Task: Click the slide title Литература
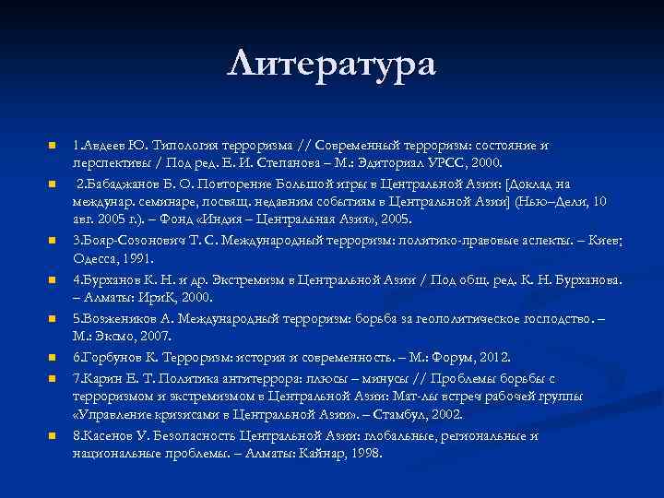coord(332,64)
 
